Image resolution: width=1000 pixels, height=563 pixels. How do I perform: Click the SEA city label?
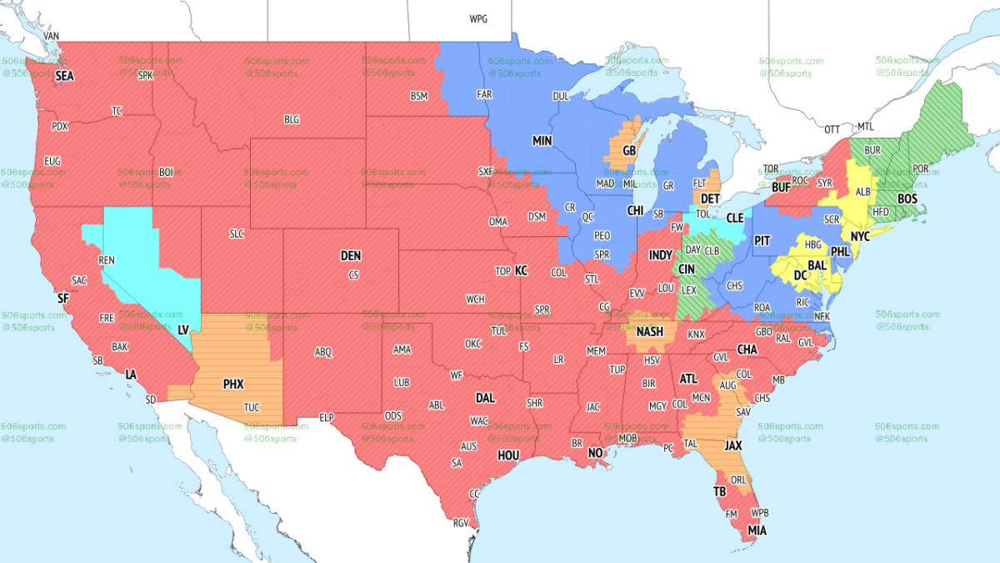[x=65, y=76]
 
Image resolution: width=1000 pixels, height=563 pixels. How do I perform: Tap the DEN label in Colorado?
[x=351, y=256]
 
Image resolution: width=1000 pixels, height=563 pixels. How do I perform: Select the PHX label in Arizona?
[x=233, y=385]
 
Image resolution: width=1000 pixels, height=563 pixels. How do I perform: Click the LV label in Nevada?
[x=183, y=330]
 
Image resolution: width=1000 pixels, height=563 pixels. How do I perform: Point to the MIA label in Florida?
[x=757, y=530]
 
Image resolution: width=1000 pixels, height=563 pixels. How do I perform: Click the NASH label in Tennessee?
[x=649, y=332]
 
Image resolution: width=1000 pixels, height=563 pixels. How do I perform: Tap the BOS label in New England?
[x=907, y=199]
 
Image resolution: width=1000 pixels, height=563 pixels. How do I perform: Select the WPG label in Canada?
[x=478, y=18]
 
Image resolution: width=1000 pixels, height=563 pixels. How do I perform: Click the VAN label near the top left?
[x=52, y=37]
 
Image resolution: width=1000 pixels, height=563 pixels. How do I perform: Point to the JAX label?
[x=733, y=446]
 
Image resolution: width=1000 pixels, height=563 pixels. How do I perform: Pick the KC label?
[x=521, y=271]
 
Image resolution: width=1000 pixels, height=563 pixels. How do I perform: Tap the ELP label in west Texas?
[x=327, y=416]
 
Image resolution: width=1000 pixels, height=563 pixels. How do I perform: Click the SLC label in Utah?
[x=237, y=234]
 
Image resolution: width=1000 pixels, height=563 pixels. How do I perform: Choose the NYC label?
[x=859, y=237]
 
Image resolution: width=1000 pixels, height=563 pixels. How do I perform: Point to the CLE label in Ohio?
[x=734, y=218]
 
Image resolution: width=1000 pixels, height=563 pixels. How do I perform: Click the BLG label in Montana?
[x=291, y=120]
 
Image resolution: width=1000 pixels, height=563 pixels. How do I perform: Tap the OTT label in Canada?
[x=832, y=129]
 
